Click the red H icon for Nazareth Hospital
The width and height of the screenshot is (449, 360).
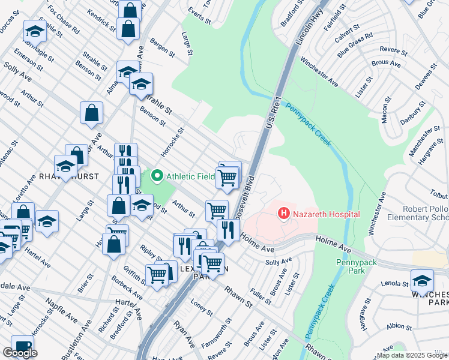pos(283,213)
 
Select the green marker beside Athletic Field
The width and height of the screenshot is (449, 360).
pos(157,176)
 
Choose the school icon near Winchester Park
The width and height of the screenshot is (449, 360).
pos(422,280)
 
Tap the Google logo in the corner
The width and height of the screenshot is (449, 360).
pos(20,353)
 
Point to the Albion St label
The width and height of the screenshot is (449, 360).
pos(399,326)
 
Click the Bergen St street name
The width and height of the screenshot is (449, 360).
pos(162,48)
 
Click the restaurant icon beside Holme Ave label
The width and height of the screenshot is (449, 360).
pos(228,230)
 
